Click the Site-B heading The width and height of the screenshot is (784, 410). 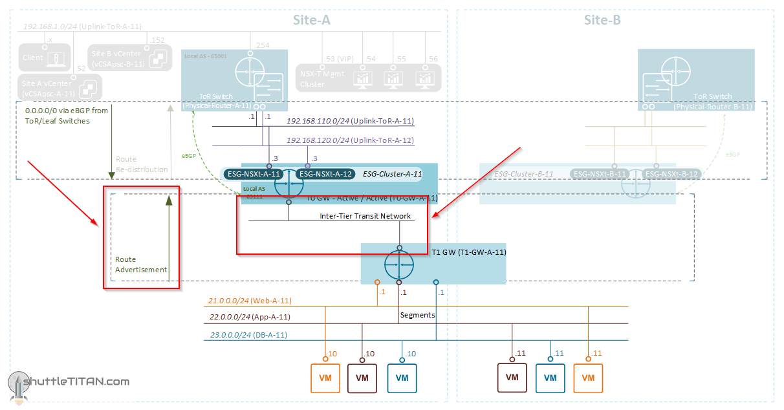pyautogui.click(x=602, y=20)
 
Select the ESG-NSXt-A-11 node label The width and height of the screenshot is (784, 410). pyautogui.click(x=253, y=173)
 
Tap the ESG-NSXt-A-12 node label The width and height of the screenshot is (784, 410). pyautogui.click(x=325, y=173)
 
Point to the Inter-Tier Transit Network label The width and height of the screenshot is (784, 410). pyautogui.click(x=365, y=216)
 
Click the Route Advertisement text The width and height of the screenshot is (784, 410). pyautogui.click(x=141, y=264)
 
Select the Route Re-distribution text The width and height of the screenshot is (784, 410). pyautogui.click(x=142, y=164)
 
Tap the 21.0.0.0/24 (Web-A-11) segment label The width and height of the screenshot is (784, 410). pyautogui.click(x=250, y=301)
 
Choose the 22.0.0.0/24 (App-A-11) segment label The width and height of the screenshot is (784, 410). pyautogui.click(x=249, y=317)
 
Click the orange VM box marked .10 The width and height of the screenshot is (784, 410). pyautogui.click(x=325, y=378)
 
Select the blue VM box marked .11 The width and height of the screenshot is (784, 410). pyautogui.click(x=550, y=378)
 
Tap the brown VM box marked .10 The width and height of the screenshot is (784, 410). pyautogui.click(x=362, y=378)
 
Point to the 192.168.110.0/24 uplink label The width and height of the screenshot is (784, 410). pyautogui.click(x=350, y=121)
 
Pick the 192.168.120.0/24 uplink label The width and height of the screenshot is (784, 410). pyautogui.click(x=350, y=140)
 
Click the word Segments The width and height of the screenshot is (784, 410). pyautogui.click(x=417, y=315)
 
